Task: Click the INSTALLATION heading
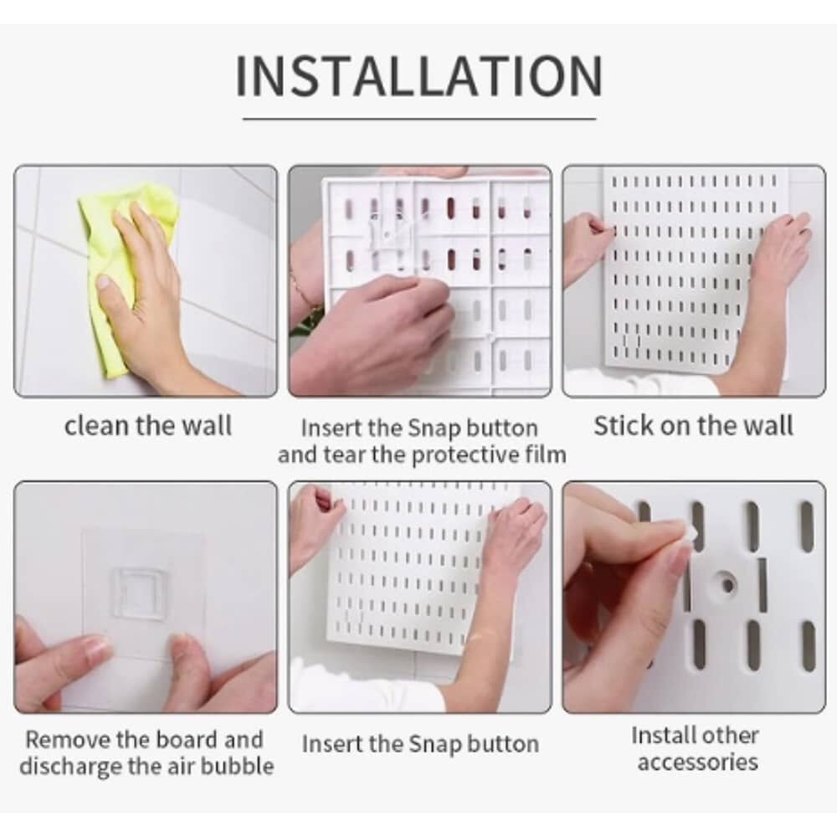tap(419, 76)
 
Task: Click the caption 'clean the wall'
tap(148, 426)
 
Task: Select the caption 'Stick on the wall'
tap(693, 426)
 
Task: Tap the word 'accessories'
tap(698, 762)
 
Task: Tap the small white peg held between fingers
tap(689, 536)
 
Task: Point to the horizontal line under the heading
tap(419, 119)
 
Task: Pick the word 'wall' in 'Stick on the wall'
tap(769, 426)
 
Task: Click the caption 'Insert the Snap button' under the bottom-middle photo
tap(420, 744)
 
